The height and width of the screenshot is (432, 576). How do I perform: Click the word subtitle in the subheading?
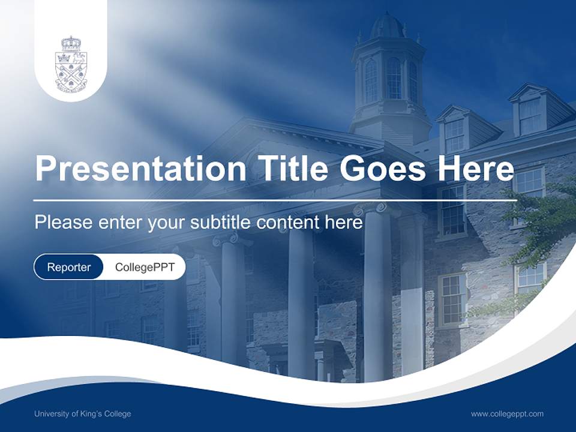pos(221,223)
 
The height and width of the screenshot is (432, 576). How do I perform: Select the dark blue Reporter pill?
pos(68,267)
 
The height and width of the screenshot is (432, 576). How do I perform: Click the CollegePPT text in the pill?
pos(145,267)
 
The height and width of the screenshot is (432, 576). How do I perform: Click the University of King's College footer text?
pos(83,414)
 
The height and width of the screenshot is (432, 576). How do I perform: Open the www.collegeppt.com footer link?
pos(507,414)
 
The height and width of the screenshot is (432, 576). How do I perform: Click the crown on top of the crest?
pos(71,44)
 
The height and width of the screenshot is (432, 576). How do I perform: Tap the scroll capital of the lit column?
pos(377,210)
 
